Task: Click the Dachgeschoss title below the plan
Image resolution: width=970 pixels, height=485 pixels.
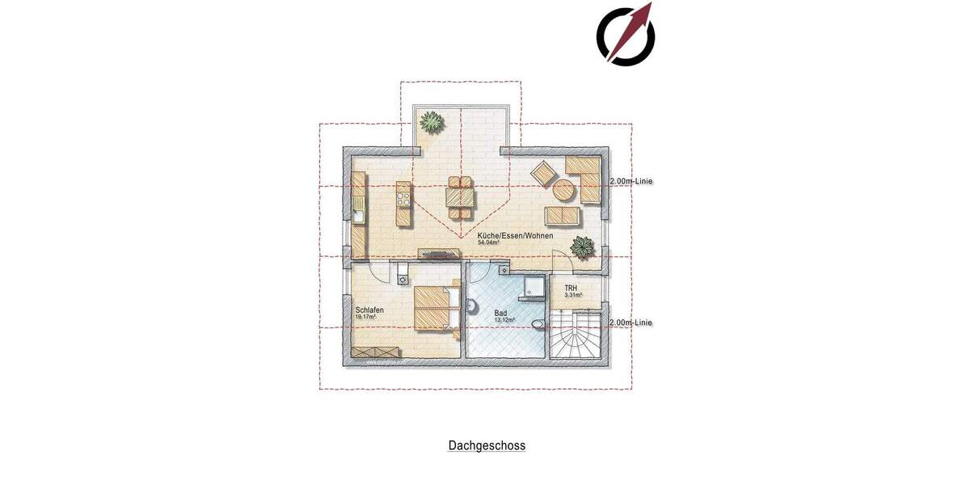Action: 487,445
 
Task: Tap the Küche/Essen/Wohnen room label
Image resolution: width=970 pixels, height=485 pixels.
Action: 515,235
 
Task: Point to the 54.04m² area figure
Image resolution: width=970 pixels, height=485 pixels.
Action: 489,242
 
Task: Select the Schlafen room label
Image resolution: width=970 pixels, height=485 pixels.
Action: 369,310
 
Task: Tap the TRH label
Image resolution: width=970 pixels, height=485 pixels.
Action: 570,287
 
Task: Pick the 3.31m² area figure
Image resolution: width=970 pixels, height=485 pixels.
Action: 573,295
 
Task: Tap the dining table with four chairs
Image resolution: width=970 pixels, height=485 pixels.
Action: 461,196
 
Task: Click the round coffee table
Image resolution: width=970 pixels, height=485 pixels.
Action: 563,191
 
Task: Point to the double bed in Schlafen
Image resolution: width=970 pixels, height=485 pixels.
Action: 437,308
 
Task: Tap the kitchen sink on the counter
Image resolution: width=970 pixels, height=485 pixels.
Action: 358,215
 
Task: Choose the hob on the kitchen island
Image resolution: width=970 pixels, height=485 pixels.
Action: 402,193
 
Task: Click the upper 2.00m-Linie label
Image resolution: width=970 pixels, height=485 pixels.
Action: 630,181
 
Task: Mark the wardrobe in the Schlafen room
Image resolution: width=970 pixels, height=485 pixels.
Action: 376,352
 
